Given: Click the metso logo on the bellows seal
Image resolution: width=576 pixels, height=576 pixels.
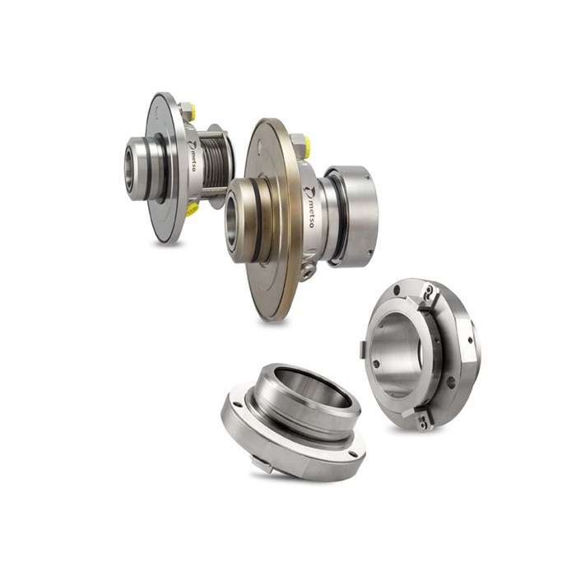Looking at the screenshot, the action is [x=193, y=155].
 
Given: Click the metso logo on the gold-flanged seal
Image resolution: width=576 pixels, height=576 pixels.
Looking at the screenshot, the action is [x=309, y=207].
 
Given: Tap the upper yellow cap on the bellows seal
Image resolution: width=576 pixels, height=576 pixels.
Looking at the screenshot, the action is [x=192, y=109].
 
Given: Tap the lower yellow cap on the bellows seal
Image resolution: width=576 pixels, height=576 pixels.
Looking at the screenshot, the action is [x=192, y=209].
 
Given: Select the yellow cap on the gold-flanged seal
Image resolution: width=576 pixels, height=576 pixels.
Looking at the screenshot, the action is [x=307, y=145].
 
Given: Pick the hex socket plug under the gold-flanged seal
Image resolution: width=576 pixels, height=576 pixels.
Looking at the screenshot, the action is [x=307, y=272].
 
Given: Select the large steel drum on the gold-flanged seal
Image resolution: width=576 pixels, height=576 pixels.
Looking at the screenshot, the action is [x=353, y=216].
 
